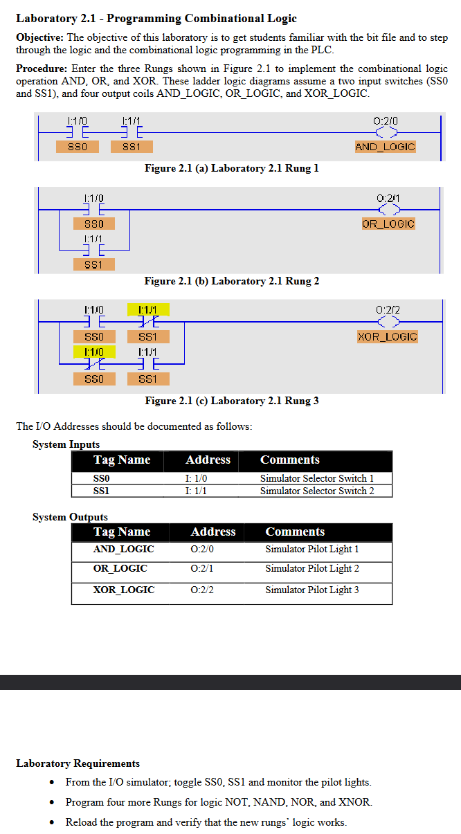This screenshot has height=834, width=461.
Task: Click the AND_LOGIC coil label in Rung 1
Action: (385, 147)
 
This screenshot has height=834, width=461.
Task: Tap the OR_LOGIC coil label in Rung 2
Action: (388, 224)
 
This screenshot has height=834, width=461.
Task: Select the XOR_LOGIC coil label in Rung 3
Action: (388, 336)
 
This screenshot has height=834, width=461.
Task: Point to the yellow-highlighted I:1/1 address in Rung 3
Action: (148, 309)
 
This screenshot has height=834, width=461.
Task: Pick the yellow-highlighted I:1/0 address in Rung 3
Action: (94, 352)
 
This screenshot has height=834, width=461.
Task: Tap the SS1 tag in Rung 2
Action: (94, 264)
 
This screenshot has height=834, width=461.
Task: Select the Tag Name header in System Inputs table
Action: (122, 460)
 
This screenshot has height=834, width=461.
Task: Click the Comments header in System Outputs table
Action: (295, 532)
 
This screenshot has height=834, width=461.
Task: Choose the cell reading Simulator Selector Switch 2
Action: (317, 491)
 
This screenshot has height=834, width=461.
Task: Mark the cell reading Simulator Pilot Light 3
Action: (312, 590)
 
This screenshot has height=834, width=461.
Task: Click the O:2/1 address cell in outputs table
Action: (202, 568)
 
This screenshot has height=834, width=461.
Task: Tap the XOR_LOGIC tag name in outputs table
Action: (124, 590)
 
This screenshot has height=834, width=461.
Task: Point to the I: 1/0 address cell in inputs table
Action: (196, 478)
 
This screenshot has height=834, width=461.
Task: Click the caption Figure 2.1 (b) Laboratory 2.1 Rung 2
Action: (231, 281)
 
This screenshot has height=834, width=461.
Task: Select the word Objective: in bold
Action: (39, 37)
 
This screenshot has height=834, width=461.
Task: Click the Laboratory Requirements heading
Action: (78, 763)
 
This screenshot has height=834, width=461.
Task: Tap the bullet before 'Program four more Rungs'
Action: (53, 803)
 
